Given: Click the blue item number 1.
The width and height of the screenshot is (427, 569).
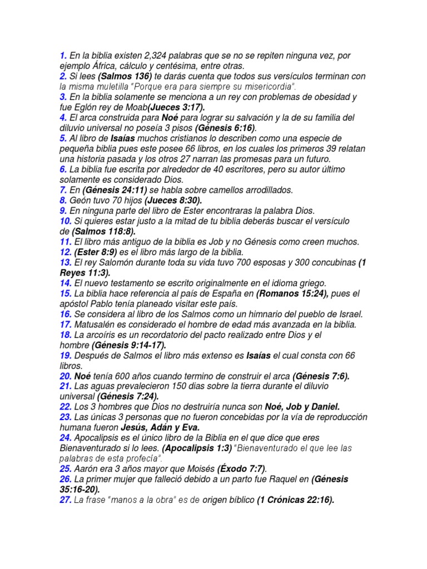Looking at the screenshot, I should coord(63,55).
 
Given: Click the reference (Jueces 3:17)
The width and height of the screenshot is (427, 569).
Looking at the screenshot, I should coord(176,107).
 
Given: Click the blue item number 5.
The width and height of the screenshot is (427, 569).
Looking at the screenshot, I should coord(63,138).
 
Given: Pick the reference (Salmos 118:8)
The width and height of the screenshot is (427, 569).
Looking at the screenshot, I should coord(103,231).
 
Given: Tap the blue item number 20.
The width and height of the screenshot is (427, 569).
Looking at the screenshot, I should coord(65,376).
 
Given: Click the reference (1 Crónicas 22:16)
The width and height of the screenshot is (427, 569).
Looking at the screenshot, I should coord(295,500).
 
